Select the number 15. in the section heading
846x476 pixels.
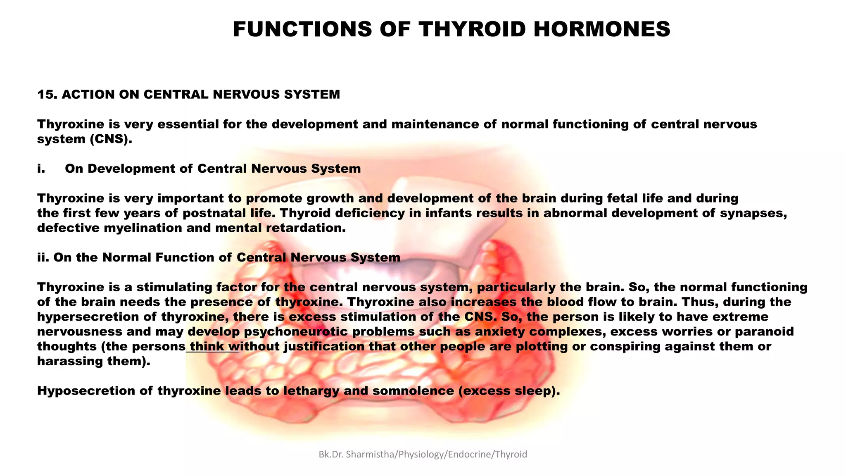pyautogui.click(x=47, y=95)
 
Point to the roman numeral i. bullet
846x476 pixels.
pyautogui.click(x=41, y=169)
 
